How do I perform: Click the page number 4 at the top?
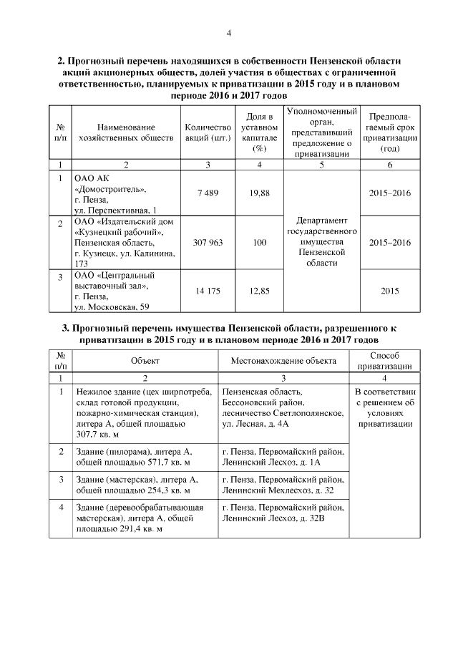point(229,33)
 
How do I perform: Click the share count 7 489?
point(207,193)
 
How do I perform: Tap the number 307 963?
point(207,243)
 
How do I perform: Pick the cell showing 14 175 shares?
point(207,291)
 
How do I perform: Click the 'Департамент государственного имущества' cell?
point(322,237)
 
